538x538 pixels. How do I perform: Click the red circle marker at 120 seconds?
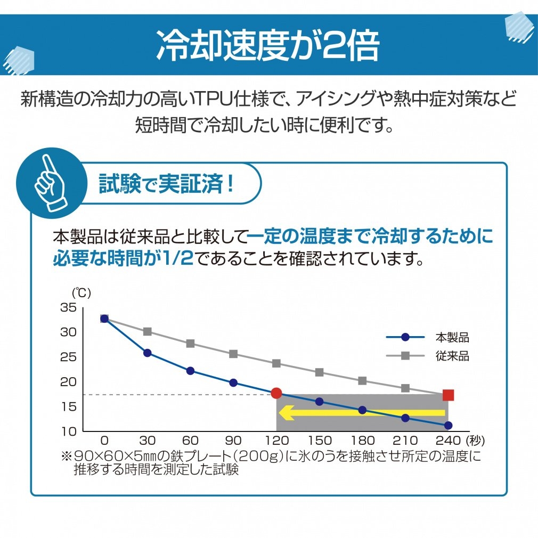[276, 393]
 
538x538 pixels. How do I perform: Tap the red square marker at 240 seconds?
[448, 395]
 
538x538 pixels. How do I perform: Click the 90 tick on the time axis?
[233, 441]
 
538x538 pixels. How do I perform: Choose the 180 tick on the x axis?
[362, 441]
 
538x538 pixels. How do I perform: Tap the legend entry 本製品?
[452, 337]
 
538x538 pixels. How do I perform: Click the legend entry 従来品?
[452, 356]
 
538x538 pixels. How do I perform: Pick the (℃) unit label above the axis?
[82, 292]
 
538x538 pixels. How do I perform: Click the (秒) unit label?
[474, 441]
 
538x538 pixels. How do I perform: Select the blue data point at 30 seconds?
[148, 353]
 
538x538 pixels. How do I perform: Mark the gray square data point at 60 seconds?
[190, 344]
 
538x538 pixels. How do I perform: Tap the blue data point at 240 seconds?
[448, 425]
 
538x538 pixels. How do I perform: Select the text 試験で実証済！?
[167, 183]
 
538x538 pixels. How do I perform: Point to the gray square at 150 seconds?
[319, 372]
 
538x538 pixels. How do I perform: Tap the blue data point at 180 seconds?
[362, 410]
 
